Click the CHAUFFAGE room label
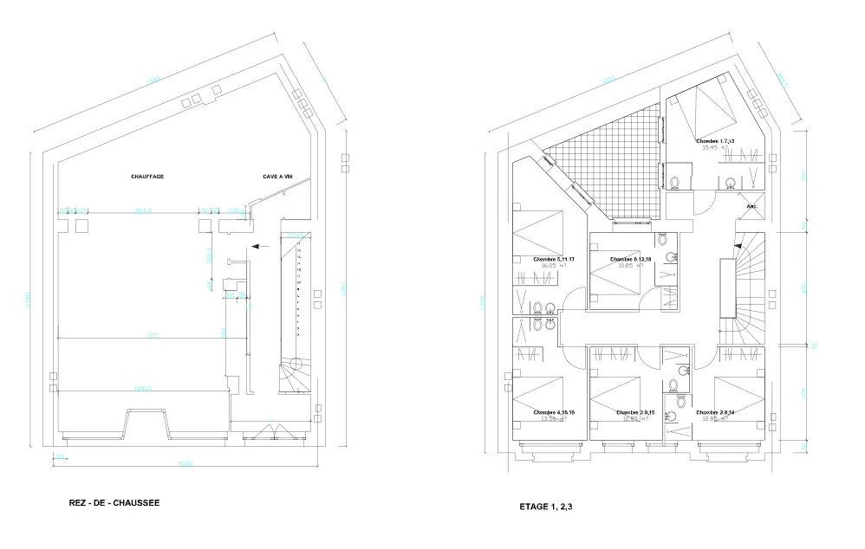(x=147, y=177)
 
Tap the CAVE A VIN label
(x=278, y=177)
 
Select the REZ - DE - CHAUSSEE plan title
(x=114, y=502)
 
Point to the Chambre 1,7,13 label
(x=715, y=140)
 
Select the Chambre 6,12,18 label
(x=629, y=259)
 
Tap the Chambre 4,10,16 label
(x=554, y=412)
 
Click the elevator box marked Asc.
(x=751, y=207)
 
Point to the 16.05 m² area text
(x=547, y=268)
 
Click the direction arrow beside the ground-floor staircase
(x=262, y=247)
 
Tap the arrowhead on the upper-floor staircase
(x=738, y=247)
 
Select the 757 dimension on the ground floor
(x=151, y=336)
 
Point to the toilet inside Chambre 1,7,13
(x=675, y=183)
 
